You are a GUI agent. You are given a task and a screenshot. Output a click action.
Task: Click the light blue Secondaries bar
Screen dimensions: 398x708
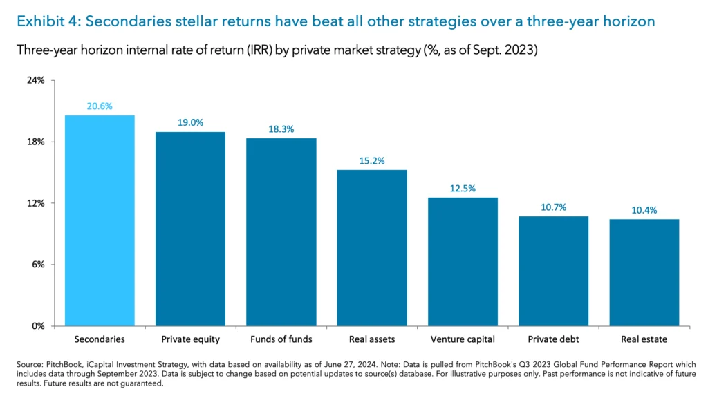(x=100, y=220)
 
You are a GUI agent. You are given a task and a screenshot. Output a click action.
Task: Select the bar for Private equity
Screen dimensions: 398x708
(x=190, y=229)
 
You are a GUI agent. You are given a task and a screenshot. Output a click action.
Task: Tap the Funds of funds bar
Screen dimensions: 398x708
(x=281, y=231)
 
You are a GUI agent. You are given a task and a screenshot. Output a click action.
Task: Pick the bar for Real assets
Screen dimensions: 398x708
(x=372, y=247)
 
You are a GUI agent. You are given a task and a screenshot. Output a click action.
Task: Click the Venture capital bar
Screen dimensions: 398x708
(x=463, y=261)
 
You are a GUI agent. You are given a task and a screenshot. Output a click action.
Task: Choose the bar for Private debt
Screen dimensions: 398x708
(x=553, y=271)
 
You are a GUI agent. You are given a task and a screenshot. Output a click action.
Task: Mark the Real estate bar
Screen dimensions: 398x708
(x=644, y=272)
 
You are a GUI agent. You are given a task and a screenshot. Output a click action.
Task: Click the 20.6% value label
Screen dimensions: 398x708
(x=100, y=106)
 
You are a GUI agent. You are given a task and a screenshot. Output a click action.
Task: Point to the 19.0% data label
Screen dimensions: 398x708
(x=190, y=122)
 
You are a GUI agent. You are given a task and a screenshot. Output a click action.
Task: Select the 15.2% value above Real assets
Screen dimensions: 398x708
(x=372, y=160)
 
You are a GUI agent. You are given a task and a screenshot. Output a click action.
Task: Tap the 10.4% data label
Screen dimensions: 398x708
(x=644, y=210)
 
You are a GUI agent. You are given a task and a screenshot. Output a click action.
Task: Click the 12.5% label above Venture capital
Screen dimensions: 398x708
(x=463, y=188)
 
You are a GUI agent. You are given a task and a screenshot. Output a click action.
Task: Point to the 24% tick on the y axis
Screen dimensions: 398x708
(x=36, y=80)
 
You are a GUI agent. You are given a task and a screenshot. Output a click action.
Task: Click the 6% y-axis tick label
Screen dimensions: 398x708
(x=38, y=265)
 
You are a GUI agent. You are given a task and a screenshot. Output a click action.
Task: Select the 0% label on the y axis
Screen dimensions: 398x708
(x=38, y=325)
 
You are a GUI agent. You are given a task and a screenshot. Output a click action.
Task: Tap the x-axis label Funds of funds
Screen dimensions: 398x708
(x=281, y=339)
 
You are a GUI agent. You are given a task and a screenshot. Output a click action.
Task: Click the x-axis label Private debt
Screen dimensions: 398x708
(x=553, y=339)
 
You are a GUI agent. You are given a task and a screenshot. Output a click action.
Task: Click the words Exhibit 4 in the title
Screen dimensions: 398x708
(x=44, y=21)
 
